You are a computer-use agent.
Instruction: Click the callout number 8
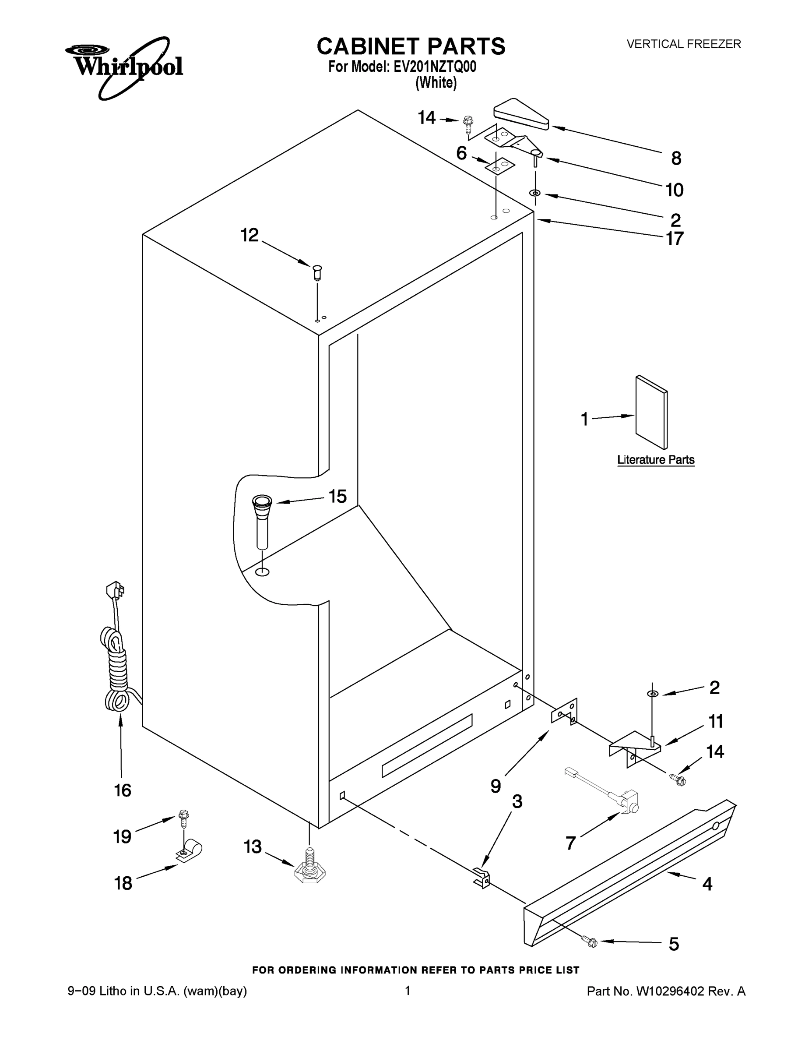coord(676,159)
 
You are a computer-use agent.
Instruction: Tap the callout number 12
coord(250,235)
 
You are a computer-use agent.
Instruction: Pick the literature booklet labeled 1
coord(651,413)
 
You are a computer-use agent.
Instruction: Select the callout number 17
coord(675,239)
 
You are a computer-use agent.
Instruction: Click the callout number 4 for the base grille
coord(707,884)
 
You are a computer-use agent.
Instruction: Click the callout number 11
coord(716,721)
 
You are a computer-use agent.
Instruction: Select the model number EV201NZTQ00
coord(435,67)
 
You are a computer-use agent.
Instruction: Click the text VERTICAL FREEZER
coord(683,44)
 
